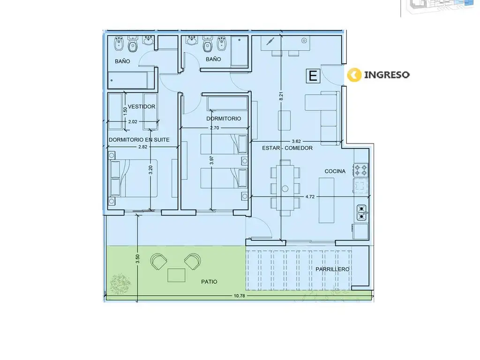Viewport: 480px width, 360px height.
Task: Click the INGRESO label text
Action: point(387,75)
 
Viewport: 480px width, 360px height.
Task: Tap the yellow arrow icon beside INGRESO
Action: point(354,75)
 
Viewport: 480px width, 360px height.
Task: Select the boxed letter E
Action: point(313,75)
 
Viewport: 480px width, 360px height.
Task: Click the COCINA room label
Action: point(335,171)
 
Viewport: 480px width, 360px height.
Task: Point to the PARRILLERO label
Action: point(332,269)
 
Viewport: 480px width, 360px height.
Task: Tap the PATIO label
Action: point(209,282)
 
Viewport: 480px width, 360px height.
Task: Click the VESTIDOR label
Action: point(142,106)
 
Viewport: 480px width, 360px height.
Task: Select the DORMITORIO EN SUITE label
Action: point(139,140)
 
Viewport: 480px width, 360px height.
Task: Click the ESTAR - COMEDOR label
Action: point(287,148)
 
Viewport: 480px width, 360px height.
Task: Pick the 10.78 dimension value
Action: point(240,296)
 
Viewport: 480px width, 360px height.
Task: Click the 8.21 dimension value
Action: point(281,96)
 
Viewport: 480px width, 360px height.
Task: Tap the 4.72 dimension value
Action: point(310,196)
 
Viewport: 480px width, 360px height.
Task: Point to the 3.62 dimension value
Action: point(296,141)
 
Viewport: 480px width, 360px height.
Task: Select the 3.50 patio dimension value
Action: point(137,259)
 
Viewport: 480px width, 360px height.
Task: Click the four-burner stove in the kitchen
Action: point(361,170)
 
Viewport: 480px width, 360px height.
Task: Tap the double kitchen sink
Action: point(361,212)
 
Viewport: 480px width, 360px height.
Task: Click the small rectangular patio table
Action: point(176,275)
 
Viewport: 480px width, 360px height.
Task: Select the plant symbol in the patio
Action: point(120,284)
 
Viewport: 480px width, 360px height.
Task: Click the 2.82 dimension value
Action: point(142,147)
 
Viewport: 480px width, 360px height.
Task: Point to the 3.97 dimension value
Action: point(211,160)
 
